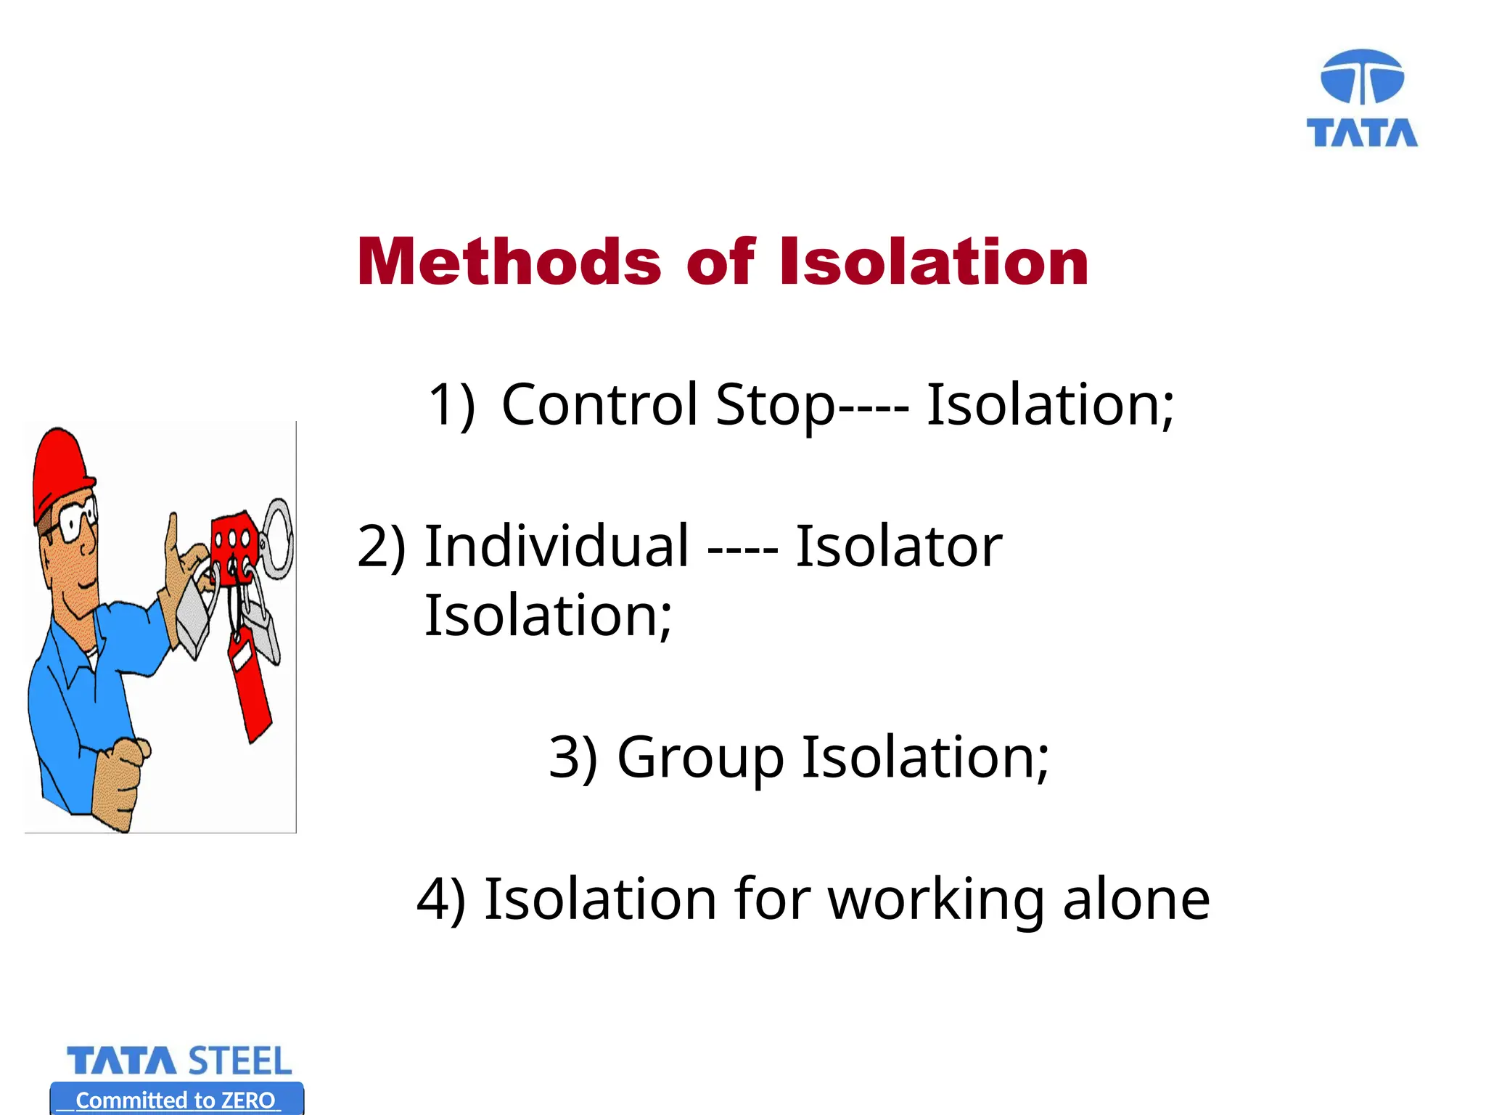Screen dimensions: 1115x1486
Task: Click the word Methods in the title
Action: [509, 262]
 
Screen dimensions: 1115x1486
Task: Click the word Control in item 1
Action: [599, 404]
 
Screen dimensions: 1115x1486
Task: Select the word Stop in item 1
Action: [775, 404]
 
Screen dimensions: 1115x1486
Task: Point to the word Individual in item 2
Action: [557, 546]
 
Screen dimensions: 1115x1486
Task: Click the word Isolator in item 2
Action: [898, 546]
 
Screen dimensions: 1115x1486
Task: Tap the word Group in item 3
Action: [700, 758]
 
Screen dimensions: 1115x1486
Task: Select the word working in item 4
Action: [936, 899]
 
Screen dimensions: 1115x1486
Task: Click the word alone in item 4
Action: [1136, 899]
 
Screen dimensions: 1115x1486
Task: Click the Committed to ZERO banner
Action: [176, 1100]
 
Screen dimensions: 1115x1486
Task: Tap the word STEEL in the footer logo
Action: [240, 1061]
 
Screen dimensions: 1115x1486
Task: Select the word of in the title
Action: [720, 262]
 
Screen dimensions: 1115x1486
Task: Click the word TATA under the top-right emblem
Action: [1362, 134]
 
